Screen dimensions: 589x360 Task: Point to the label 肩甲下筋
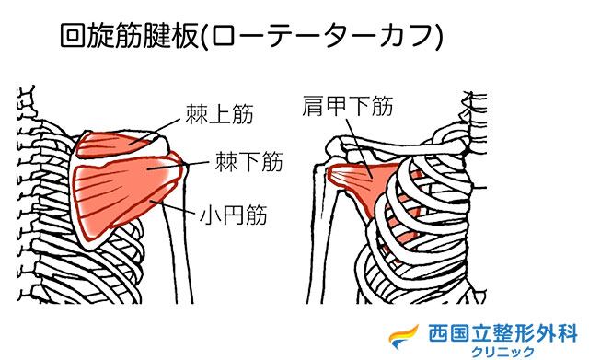click(348, 107)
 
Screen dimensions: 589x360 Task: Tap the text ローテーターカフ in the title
click(336, 38)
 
